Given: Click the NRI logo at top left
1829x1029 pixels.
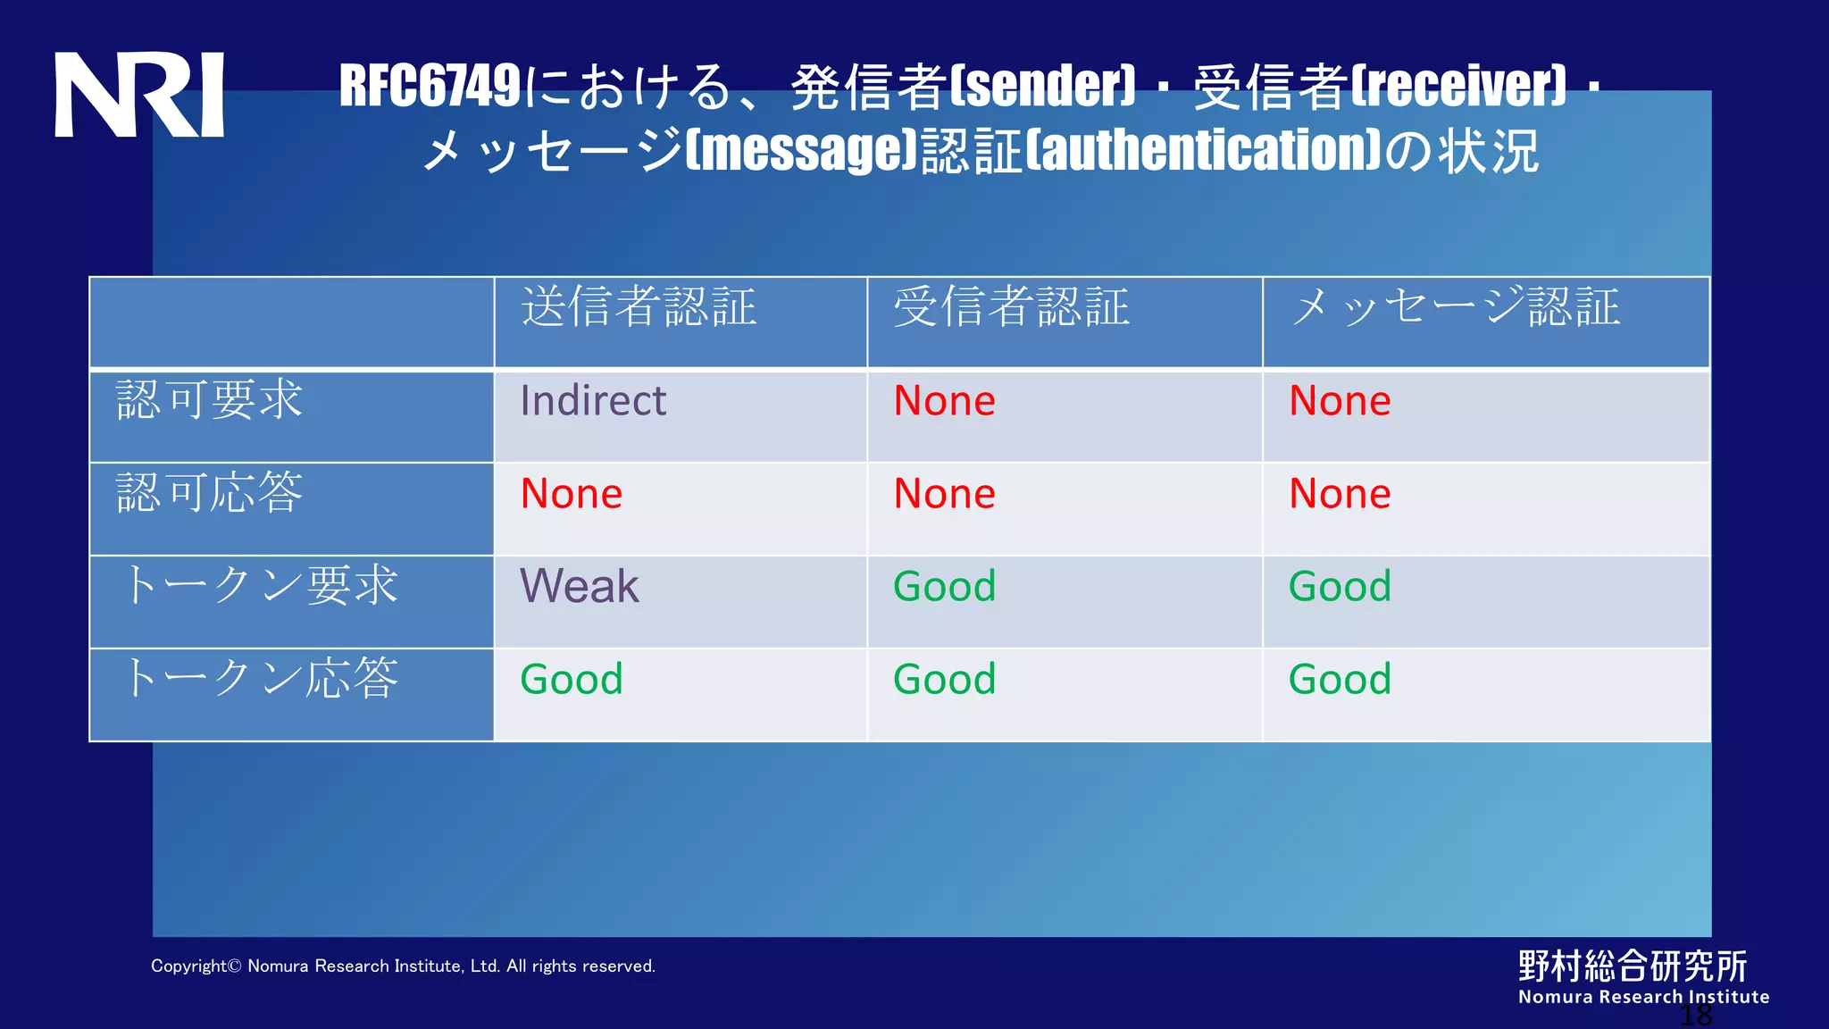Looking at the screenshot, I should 139,95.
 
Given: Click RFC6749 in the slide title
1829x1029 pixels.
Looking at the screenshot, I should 430,87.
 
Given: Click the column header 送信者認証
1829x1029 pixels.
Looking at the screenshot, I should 639,307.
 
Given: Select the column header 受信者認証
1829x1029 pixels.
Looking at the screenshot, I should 1011,307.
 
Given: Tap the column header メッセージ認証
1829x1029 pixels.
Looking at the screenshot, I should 1456,307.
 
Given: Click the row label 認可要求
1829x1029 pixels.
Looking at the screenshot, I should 210,400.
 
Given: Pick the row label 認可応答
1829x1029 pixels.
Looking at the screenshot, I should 210,493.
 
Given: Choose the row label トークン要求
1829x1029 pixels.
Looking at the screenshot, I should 259,586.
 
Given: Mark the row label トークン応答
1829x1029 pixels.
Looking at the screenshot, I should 259,679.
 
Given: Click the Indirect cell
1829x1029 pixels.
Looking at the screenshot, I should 593,400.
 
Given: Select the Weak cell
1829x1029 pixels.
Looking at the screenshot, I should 580,587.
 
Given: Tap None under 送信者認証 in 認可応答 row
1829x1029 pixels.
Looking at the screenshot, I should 572,494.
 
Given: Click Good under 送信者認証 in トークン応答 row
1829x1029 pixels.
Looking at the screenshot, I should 572,680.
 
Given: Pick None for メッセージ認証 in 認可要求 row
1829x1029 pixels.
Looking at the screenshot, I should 1340,401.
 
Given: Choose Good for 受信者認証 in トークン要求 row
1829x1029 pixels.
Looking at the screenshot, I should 945,587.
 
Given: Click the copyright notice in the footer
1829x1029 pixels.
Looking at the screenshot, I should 403,966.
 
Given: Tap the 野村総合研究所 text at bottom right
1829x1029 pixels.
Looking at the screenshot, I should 1633,966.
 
